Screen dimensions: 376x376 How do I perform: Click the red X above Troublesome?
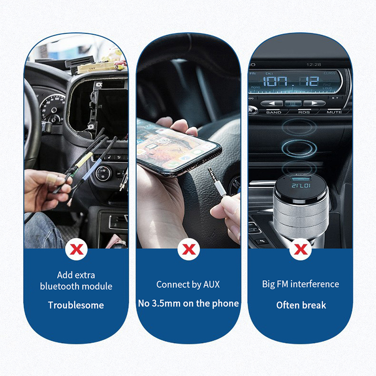(77, 250)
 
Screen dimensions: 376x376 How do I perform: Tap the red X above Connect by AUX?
(189, 250)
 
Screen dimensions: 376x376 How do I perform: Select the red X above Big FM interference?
(300, 250)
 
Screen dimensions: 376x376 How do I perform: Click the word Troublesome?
(76, 305)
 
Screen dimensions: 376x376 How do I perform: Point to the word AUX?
(211, 284)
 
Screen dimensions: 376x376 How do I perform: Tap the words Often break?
(301, 305)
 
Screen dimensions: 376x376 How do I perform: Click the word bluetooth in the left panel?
(60, 286)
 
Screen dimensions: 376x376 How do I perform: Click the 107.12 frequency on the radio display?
(291, 81)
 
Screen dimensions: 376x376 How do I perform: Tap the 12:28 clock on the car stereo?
(313, 64)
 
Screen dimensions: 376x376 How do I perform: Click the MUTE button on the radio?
(334, 112)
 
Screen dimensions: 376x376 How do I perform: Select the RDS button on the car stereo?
(304, 112)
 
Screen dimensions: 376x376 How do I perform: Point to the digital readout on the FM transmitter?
(301, 185)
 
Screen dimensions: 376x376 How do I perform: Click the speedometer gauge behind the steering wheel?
(53, 109)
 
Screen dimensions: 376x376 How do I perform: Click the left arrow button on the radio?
(272, 103)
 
